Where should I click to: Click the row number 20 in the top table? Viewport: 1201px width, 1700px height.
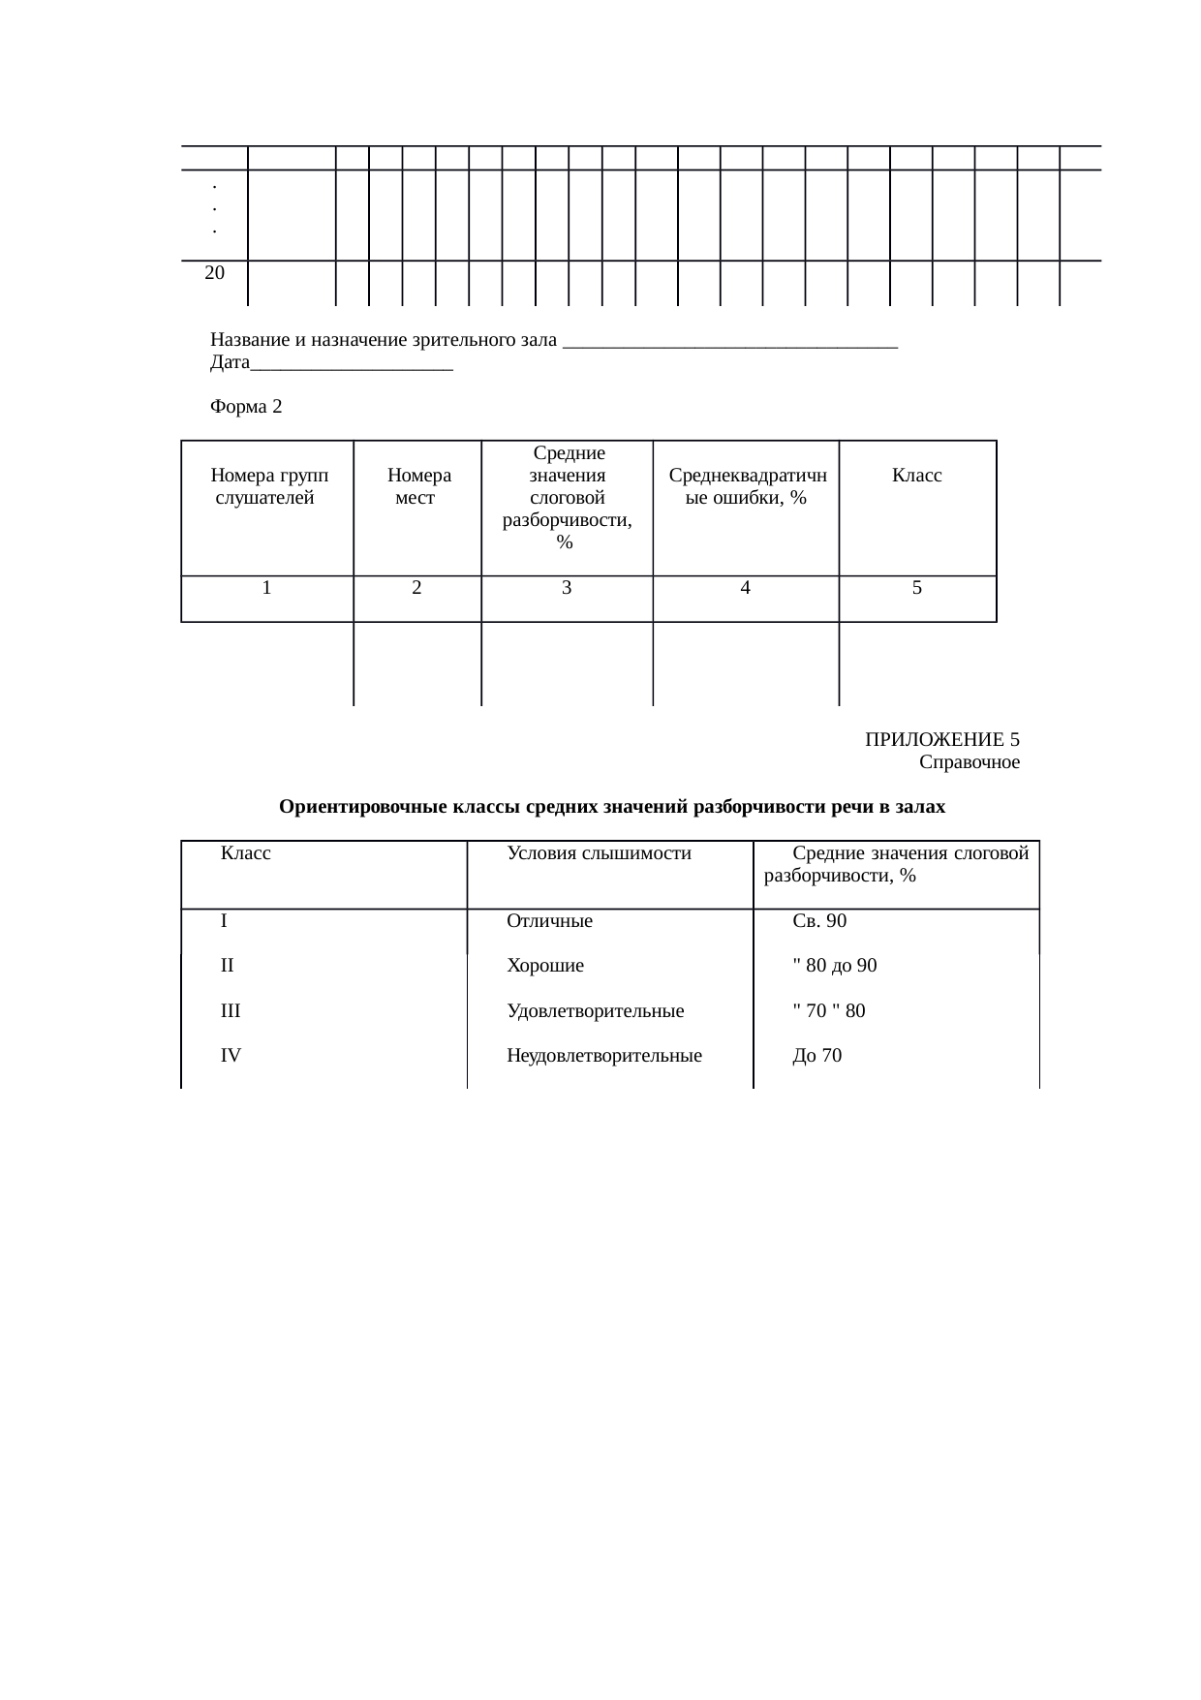215,273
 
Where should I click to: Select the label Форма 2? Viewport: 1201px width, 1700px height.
246,407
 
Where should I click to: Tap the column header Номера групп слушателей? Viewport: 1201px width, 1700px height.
267,487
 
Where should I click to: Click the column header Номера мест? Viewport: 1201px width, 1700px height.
417,487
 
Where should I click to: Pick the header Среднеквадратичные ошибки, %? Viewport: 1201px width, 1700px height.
747,487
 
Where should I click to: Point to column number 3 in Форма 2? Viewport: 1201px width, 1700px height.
567,587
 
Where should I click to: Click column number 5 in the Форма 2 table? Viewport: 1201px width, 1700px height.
916,587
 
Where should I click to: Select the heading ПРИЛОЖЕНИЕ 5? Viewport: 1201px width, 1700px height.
941,740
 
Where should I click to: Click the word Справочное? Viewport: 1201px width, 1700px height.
969,762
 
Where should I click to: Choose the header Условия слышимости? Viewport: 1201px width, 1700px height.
599,853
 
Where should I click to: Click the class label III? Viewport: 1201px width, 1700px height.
231,1011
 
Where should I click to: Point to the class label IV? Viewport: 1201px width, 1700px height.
231,1056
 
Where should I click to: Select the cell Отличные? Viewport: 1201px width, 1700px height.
549,921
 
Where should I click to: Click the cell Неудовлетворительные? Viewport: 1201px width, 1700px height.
603,1056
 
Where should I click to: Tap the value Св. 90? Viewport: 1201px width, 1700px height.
818,921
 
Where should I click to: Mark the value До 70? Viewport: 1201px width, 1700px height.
816,1056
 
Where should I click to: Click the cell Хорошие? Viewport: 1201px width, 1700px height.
545,966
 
